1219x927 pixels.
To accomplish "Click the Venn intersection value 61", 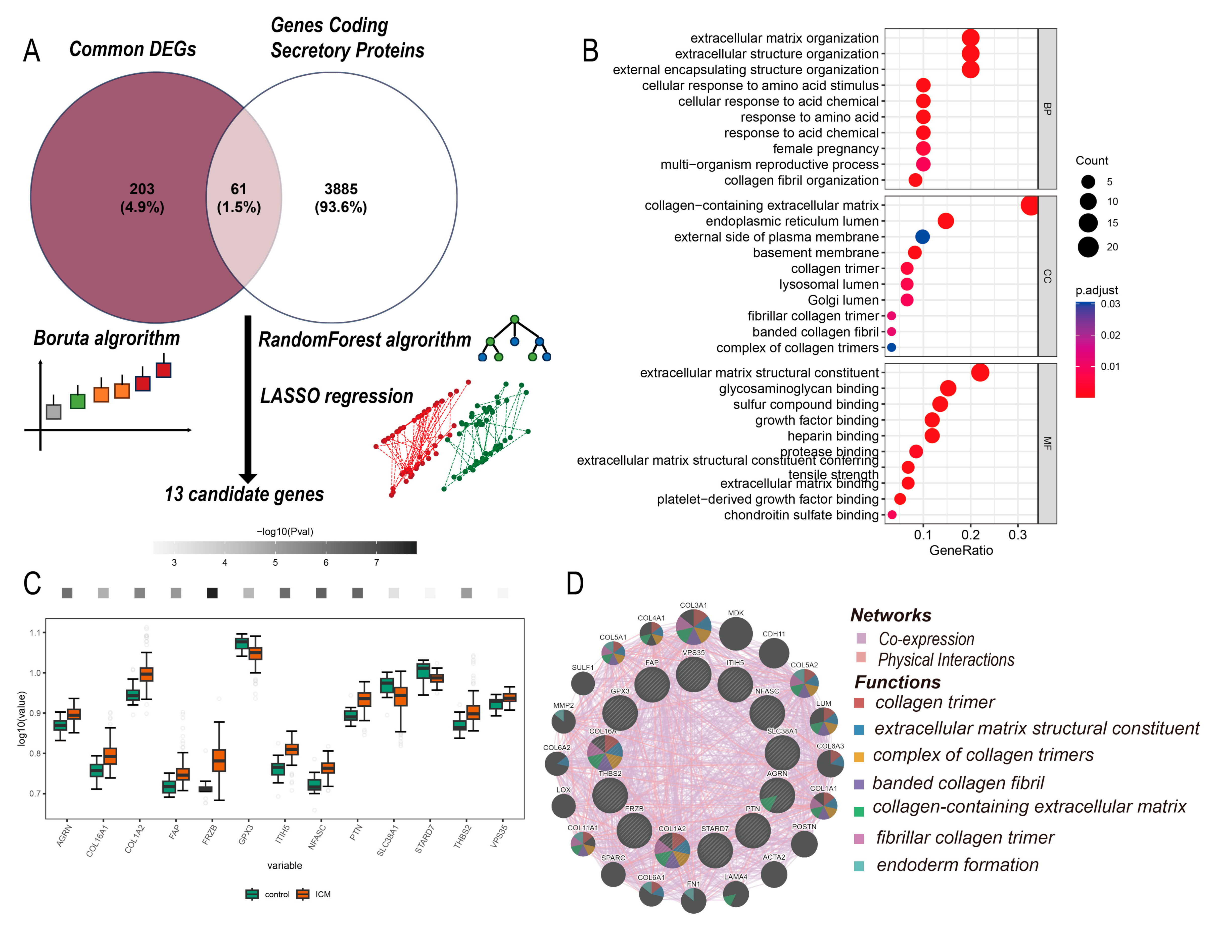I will click(x=238, y=189).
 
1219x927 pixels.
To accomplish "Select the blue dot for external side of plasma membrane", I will click(x=922, y=237).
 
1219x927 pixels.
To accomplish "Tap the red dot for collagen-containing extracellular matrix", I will click(x=1029, y=205).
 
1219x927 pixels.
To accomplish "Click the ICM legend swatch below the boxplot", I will click(x=302, y=894).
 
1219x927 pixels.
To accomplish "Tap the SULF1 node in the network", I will click(x=583, y=684).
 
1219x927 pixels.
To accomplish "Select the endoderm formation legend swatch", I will click(x=859, y=866).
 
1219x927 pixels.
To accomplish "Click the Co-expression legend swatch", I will click(x=861, y=639).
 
